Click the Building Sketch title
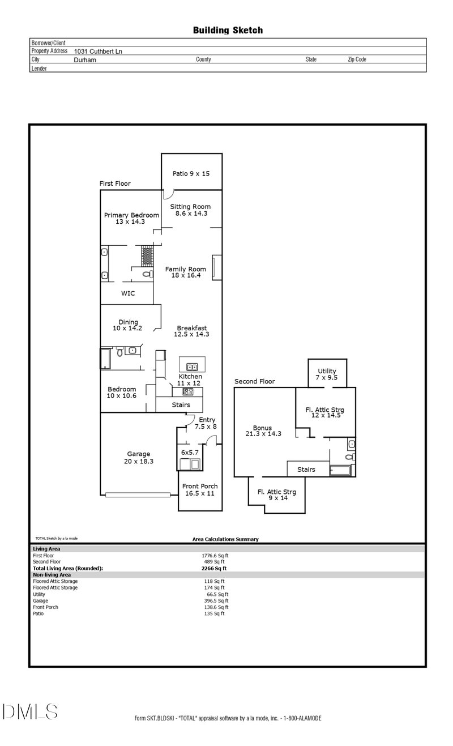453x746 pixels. (x=228, y=30)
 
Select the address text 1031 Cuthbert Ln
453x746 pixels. (x=98, y=51)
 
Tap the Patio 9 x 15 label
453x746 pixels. (x=191, y=173)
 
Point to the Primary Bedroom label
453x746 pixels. (x=131, y=218)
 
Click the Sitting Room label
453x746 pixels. (x=190, y=210)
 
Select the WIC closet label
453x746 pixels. (x=127, y=293)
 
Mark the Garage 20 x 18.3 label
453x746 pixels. (x=138, y=458)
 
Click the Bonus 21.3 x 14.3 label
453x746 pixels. (x=263, y=431)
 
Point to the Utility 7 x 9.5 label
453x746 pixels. (x=327, y=374)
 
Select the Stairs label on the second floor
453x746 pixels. (x=306, y=470)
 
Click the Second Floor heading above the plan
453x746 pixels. (x=254, y=381)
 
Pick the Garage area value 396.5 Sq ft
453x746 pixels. (x=216, y=600)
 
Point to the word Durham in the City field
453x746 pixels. (x=85, y=59)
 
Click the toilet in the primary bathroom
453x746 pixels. (x=147, y=274)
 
